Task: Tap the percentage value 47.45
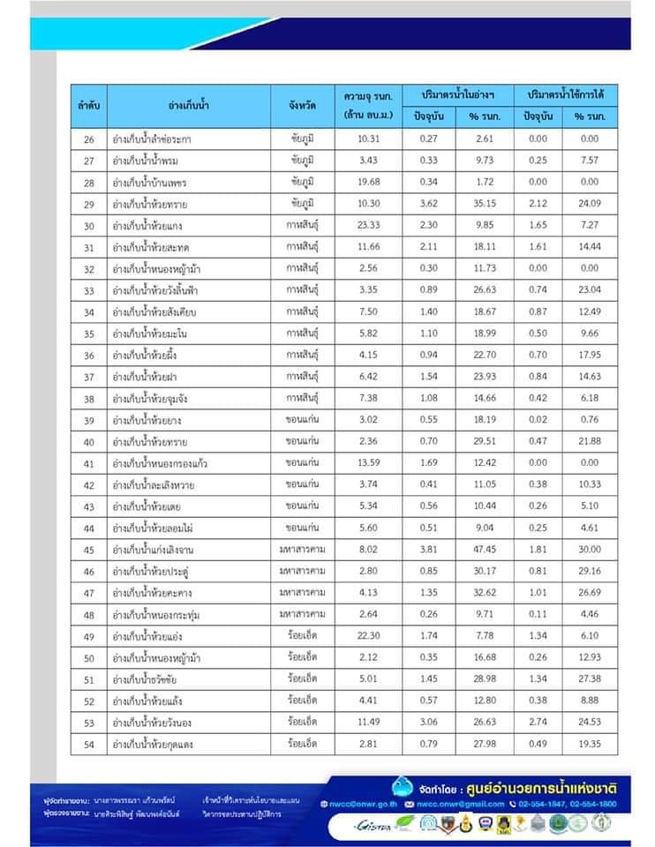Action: [x=485, y=549]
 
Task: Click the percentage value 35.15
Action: [x=485, y=203]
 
